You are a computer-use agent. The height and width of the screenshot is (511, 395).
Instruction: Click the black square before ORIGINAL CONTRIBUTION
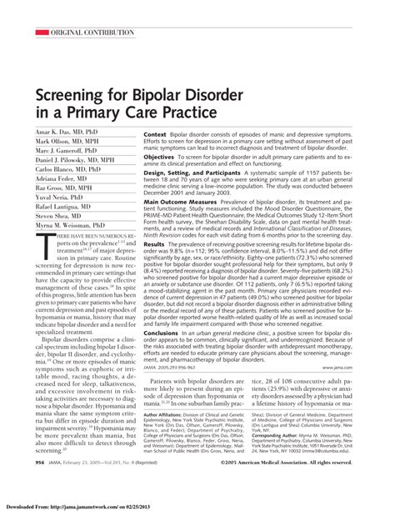pos(32,33)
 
